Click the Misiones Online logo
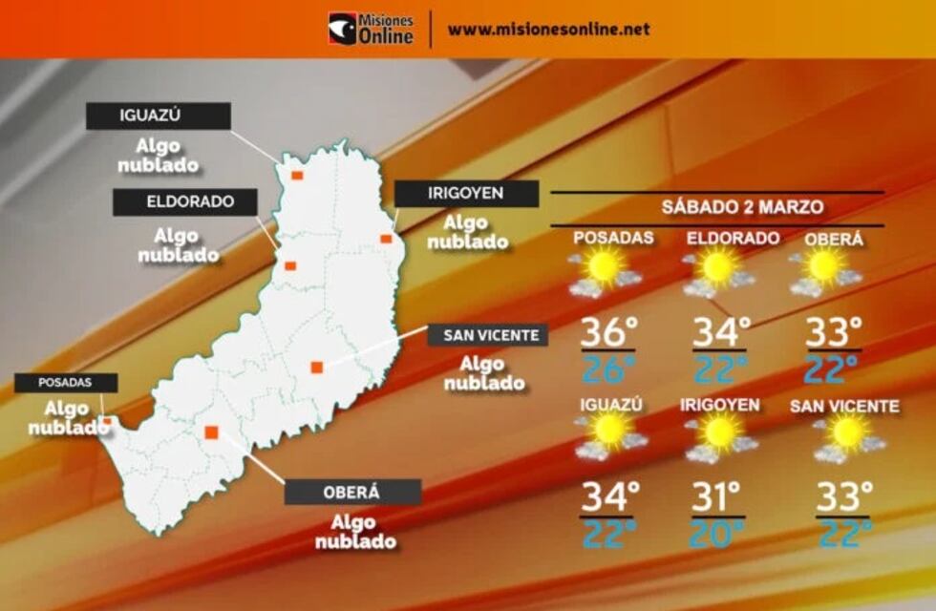[371, 29]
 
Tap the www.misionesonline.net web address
[548, 29]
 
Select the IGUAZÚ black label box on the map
[158, 116]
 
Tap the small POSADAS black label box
[65, 382]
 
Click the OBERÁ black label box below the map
[352, 492]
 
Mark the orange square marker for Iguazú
[297, 176]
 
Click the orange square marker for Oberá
[211, 432]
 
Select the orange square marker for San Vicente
[316, 367]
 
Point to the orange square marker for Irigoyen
[386, 239]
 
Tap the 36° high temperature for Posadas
[608, 332]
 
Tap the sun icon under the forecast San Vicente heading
[846, 432]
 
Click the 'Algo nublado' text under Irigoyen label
[467, 232]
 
